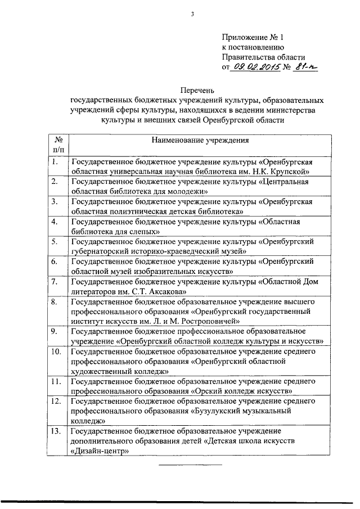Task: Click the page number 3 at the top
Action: coord(192,15)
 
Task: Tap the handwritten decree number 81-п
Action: coord(306,67)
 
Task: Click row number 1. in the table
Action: coord(55,163)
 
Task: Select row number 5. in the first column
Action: coord(55,242)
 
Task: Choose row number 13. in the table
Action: coord(56,430)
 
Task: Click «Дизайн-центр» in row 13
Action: coord(100,451)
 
